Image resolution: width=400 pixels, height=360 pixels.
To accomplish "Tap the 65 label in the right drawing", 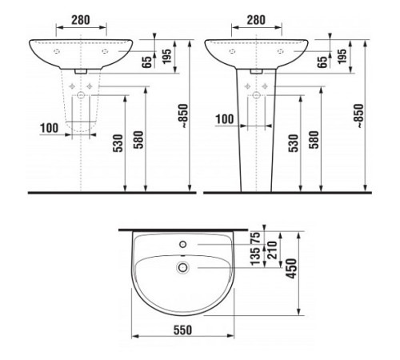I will tap(320, 62).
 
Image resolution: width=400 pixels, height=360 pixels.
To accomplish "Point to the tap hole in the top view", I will tap(182, 244).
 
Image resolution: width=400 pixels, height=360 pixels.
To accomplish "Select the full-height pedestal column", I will tap(256, 136).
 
